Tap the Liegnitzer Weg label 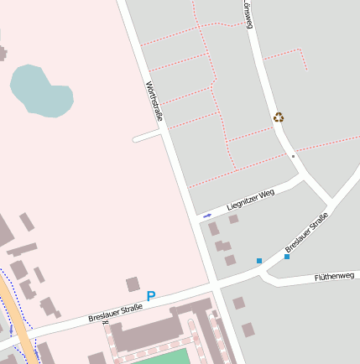click(x=251, y=199)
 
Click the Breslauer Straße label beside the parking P click(x=116, y=314)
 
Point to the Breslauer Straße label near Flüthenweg click(x=306, y=232)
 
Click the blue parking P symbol click(x=151, y=296)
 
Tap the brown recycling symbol click(x=279, y=117)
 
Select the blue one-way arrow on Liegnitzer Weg click(x=207, y=216)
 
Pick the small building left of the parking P click(x=133, y=284)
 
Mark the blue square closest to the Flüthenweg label click(x=287, y=257)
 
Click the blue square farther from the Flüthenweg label click(x=259, y=261)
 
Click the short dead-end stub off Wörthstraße click(x=147, y=136)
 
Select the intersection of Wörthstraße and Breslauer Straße click(x=216, y=288)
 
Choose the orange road click(x=18, y=323)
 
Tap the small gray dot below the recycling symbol click(x=293, y=156)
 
